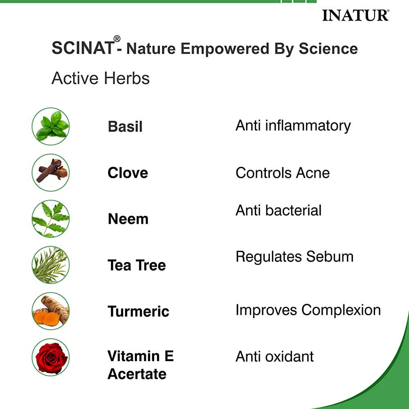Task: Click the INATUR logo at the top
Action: pyautogui.click(x=355, y=16)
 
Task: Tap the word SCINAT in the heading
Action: pyautogui.click(x=83, y=48)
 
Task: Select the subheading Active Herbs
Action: pyautogui.click(x=101, y=78)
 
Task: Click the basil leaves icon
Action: pyautogui.click(x=51, y=126)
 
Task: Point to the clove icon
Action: pyautogui.click(x=51, y=172)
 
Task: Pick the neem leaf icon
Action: pyautogui.click(x=51, y=219)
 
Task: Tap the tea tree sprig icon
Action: pyautogui.click(x=51, y=265)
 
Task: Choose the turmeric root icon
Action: pyautogui.click(x=51, y=311)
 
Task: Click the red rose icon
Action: pyautogui.click(x=51, y=357)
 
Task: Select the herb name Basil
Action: pyautogui.click(x=125, y=127)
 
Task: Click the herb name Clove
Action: pyautogui.click(x=128, y=173)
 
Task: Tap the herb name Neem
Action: pyautogui.click(x=128, y=219)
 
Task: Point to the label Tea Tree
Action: pyautogui.click(x=137, y=265)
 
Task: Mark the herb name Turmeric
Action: pyautogui.click(x=138, y=312)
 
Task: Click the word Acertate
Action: pyautogui.click(x=137, y=374)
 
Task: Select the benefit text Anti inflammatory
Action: pyautogui.click(x=293, y=126)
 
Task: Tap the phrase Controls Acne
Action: pyautogui.click(x=282, y=173)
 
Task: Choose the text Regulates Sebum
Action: pyautogui.click(x=294, y=257)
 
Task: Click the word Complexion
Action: pyautogui.click(x=341, y=310)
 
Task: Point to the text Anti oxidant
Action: pyautogui.click(x=274, y=357)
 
